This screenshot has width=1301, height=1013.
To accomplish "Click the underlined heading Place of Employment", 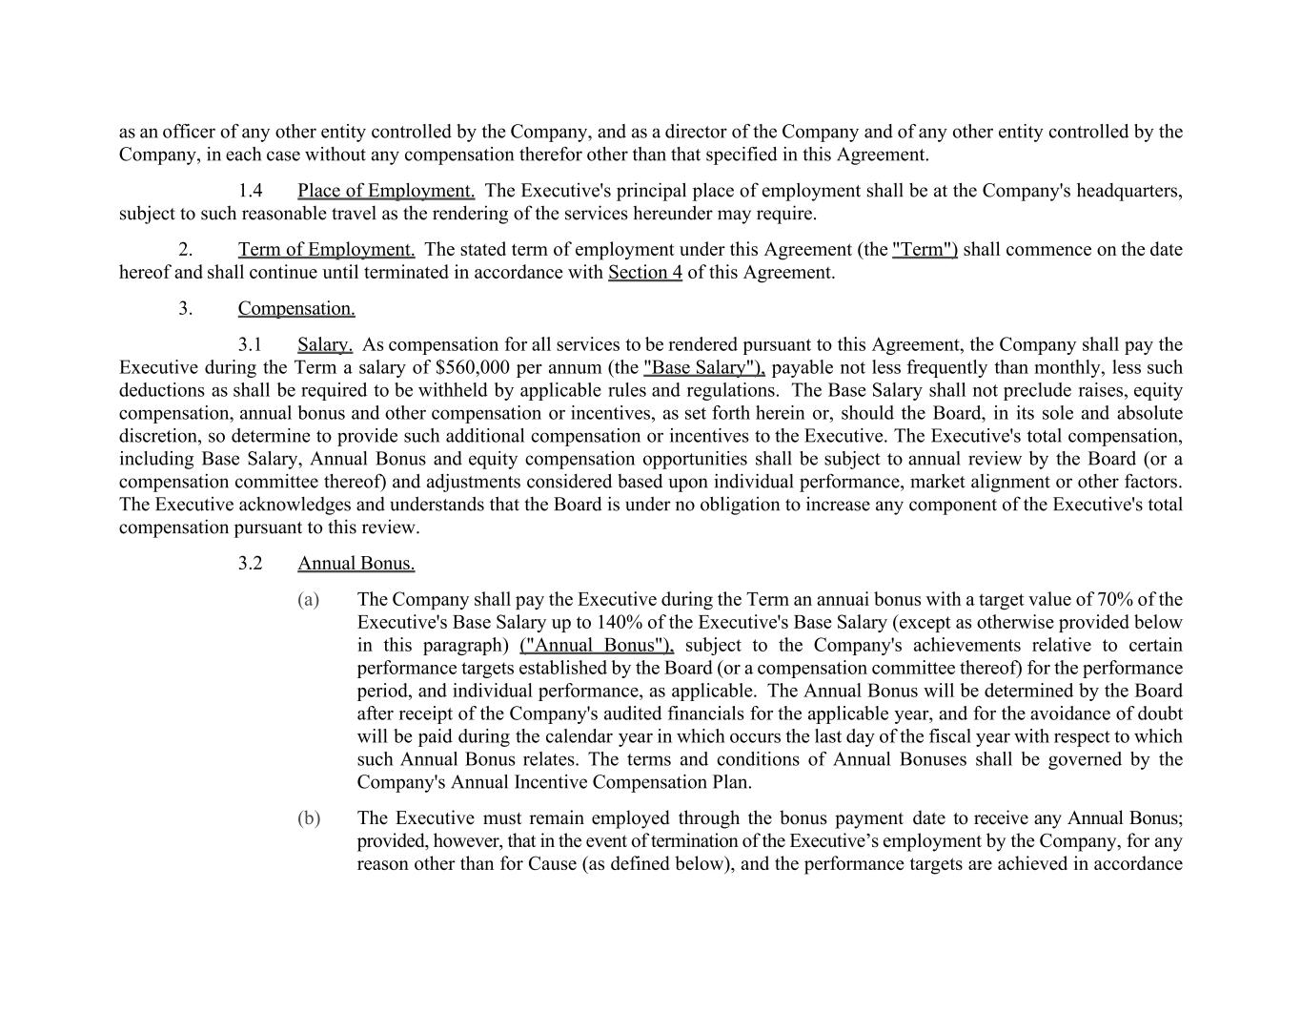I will tap(386, 191).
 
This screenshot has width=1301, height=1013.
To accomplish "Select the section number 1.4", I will tap(250, 191).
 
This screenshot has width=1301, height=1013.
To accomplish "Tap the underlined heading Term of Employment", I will tap(326, 250).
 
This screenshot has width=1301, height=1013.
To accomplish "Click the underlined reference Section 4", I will tap(644, 273).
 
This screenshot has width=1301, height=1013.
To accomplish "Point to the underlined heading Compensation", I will tap(296, 309).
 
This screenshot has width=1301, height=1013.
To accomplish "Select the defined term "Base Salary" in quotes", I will tap(703, 368).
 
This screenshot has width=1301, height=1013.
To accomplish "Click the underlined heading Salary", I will tap(325, 345).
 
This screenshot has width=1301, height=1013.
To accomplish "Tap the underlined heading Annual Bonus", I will tap(356, 564).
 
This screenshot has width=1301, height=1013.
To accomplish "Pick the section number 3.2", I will tap(250, 564).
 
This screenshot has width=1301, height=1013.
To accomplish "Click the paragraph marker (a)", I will tap(308, 600).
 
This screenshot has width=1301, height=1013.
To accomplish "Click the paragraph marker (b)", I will tap(308, 818).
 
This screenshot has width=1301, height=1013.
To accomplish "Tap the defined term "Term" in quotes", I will tap(925, 250).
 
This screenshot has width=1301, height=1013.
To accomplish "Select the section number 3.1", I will tap(250, 345).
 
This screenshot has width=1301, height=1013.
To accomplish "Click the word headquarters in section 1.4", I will tap(1128, 191).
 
